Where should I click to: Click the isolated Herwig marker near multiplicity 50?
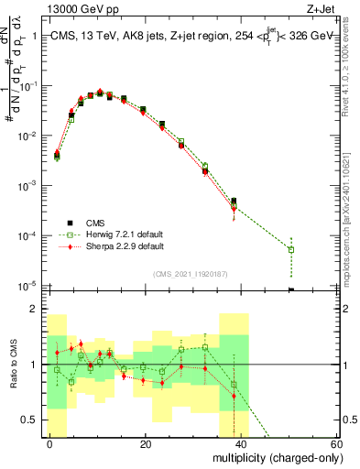(x=291, y=249)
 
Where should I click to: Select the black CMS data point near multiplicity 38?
(x=234, y=201)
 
